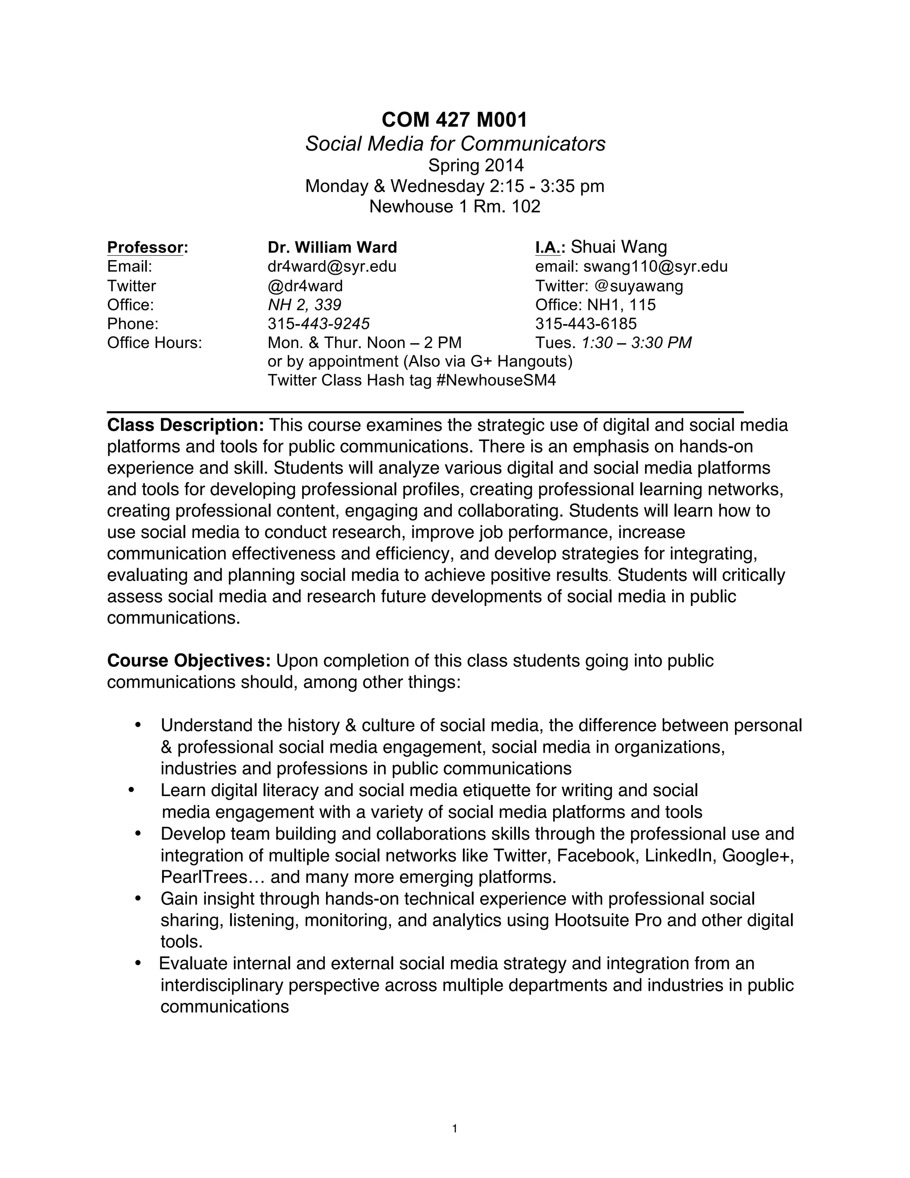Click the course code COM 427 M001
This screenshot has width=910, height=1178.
455,120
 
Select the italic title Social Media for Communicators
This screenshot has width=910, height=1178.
455,144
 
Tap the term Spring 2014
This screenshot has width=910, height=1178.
475,165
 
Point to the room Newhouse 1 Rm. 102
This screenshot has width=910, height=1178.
455,207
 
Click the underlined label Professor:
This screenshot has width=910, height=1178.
147,248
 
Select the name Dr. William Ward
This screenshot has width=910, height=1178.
332,248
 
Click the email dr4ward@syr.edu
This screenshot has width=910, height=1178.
332,266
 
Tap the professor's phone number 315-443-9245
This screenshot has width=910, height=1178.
319,324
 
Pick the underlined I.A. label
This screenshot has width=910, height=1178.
548,248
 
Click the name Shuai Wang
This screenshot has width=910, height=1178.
619,247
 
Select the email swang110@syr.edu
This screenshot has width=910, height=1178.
655,266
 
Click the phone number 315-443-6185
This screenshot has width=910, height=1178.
586,324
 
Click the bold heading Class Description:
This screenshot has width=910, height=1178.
185,425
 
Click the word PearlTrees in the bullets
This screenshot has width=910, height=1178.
202,877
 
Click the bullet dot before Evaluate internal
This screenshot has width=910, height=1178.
138,963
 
